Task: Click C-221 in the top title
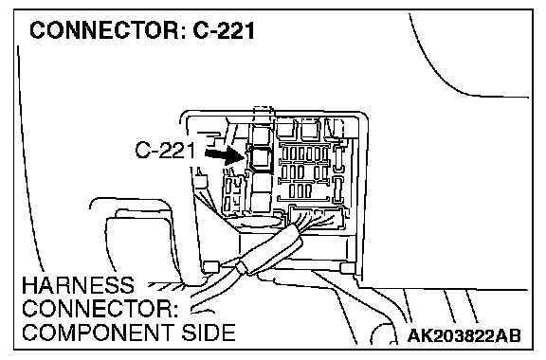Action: tap(224, 30)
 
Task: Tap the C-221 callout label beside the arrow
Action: tap(165, 151)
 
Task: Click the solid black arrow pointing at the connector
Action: tap(226, 155)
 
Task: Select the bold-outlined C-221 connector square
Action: tap(260, 158)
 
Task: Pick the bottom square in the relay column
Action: tap(261, 202)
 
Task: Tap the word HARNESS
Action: tap(78, 285)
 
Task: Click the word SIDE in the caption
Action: tap(208, 333)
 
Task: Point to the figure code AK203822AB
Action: tap(464, 336)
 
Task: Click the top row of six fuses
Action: tap(304, 153)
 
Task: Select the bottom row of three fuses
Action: tap(300, 190)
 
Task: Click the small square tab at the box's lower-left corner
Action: tap(211, 266)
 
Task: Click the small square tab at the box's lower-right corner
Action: tap(347, 268)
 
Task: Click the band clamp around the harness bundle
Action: tap(243, 268)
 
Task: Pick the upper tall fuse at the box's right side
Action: tap(337, 158)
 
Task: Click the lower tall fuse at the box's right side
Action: tap(337, 189)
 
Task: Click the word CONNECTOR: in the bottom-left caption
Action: tap(100, 309)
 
